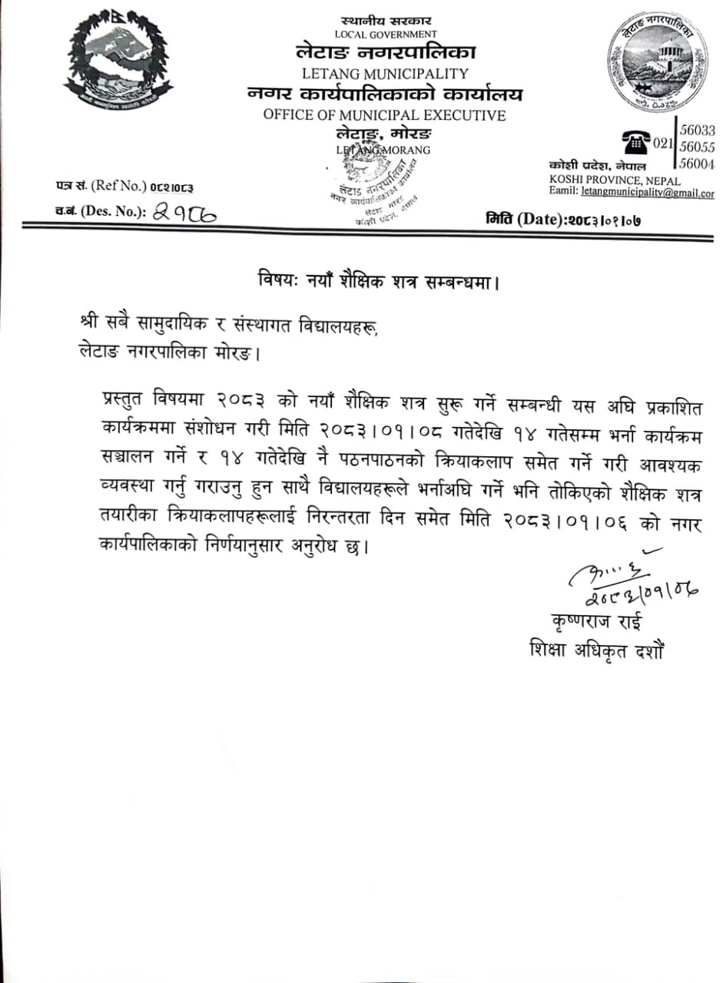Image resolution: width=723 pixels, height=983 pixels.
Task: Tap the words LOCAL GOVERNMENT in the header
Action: [386, 35]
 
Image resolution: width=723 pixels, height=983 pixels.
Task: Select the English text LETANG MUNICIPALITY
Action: [385, 74]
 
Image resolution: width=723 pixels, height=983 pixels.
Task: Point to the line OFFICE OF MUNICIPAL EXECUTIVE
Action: [384, 115]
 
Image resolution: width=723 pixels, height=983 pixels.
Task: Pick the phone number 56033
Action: [698, 131]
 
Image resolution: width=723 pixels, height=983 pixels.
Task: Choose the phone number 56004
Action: [698, 164]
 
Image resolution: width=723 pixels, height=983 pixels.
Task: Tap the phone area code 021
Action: [662, 143]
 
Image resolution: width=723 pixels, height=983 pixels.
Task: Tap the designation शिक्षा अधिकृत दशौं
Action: [596, 650]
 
